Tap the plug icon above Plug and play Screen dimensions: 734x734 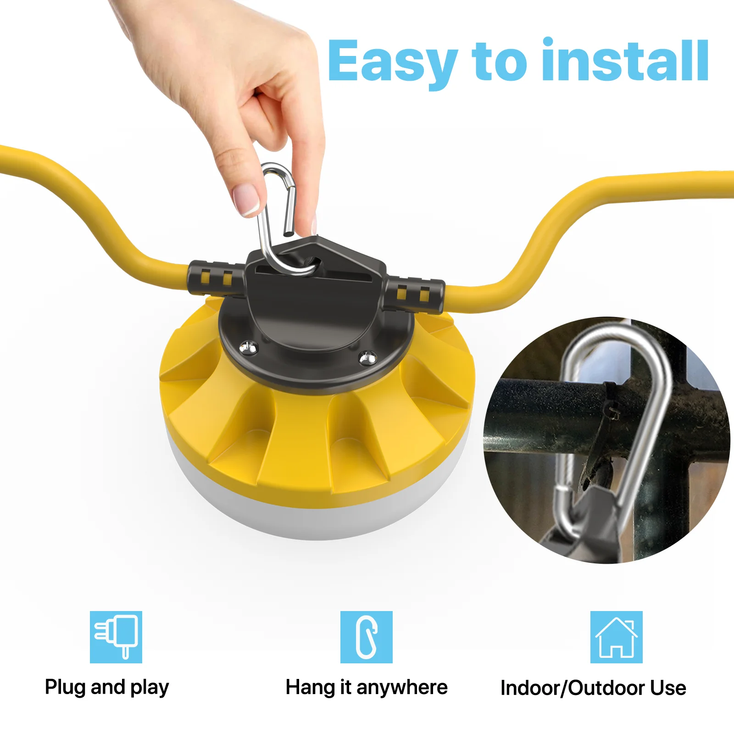click(x=116, y=637)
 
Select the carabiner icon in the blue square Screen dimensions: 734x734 click(x=367, y=637)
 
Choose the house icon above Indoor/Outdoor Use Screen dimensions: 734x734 click(x=616, y=637)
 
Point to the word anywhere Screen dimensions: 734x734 click(x=402, y=687)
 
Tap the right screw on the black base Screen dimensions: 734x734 click(x=367, y=357)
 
